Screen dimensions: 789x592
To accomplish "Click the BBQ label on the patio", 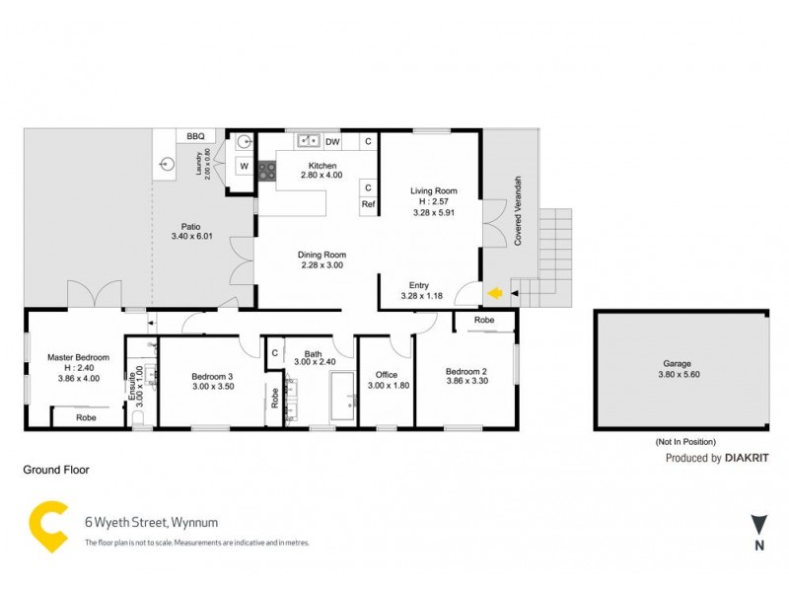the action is [x=195, y=136].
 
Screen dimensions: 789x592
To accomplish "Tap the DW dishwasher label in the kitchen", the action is [x=332, y=142].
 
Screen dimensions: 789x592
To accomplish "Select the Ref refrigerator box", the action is [x=368, y=204].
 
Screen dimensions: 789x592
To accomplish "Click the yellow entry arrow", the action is [x=495, y=292].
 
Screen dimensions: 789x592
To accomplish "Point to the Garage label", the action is [x=677, y=363].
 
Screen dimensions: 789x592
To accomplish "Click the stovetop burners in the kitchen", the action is [x=267, y=171].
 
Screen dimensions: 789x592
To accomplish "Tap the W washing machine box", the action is [x=245, y=166].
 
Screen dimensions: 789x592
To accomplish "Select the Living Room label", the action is [x=434, y=190].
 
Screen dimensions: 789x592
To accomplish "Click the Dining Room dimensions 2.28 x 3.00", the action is [x=323, y=265].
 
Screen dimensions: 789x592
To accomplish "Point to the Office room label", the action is [x=387, y=375].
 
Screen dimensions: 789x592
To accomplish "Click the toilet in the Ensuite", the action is [x=137, y=417].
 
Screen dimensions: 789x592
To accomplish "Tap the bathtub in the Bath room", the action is [x=343, y=398].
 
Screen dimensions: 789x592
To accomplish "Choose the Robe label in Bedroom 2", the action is [x=484, y=320].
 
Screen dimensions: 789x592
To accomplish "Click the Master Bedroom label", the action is [x=78, y=357].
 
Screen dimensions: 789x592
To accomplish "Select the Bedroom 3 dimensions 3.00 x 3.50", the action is [x=213, y=387].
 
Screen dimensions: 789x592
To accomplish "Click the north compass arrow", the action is [x=758, y=525].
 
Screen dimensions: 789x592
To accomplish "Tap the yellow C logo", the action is [x=48, y=527].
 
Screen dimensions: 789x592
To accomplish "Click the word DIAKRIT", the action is [x=747, y=458].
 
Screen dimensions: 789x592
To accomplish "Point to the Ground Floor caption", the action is [x=56, y=470].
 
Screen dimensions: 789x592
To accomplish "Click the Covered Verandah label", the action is [x=518, y=211].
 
